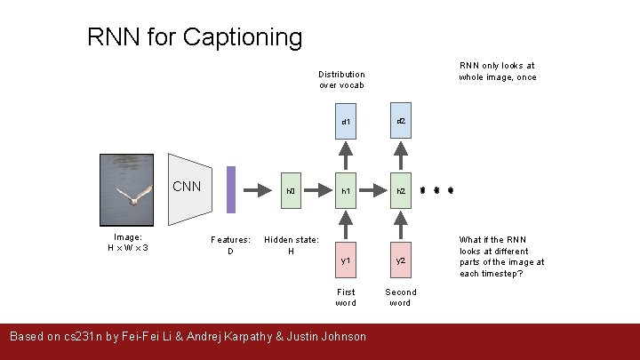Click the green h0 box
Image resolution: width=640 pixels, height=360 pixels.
click(x=291, y=191)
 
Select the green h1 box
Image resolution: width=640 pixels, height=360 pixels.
click(x=347, y=191)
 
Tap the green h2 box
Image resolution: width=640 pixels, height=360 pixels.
click(x=401, y=191)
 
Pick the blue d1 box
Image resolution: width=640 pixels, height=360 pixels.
click(x=347, y=122)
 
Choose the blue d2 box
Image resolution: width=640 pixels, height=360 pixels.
click(x=401, y=121)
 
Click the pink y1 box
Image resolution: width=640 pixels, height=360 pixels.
click(x=347, y=260)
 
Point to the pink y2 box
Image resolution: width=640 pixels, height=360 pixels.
click(x=401, y=260)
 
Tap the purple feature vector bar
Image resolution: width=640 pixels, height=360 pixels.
click(x=231, y=190)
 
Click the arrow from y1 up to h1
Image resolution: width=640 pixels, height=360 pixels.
click(x=347, y=226)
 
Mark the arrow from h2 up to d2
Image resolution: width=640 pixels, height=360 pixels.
click(x=401, y=156)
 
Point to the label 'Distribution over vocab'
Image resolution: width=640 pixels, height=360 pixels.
click(x=342, y=80)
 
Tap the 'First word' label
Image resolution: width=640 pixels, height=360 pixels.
click(x=346, y=298)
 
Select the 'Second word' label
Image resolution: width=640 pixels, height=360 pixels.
click(x=400, y=298)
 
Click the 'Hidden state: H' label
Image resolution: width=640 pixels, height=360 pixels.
click(x=291, y=245)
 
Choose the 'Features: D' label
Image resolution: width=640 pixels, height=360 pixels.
click(x=230, y=245)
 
